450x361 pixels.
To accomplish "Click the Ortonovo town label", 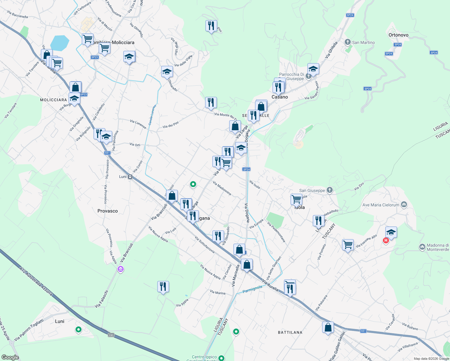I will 398,35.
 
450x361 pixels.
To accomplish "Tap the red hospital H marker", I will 386,241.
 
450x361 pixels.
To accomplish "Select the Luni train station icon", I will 130,177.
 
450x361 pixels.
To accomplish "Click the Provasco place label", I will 107,211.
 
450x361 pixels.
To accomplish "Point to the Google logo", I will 10,357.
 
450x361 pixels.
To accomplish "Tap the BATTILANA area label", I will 290,332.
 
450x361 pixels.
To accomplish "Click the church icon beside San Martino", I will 348,42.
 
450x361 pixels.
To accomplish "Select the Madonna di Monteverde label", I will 438,247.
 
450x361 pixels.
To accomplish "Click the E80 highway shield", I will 111,335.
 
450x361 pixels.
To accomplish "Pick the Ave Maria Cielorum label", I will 381,205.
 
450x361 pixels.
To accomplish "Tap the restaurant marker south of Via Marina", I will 163,287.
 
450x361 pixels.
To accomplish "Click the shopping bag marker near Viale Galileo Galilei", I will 328,327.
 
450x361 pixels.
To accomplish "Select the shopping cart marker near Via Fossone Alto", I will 348,245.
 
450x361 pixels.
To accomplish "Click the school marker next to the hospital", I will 391,232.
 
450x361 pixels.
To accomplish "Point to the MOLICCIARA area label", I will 54,100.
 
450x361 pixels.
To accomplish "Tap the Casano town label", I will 280,97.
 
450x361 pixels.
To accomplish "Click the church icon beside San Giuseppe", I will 330,190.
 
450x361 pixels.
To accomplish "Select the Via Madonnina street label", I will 222,188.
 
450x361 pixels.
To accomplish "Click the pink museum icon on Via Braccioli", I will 121,269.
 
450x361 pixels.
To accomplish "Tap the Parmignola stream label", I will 252,289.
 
